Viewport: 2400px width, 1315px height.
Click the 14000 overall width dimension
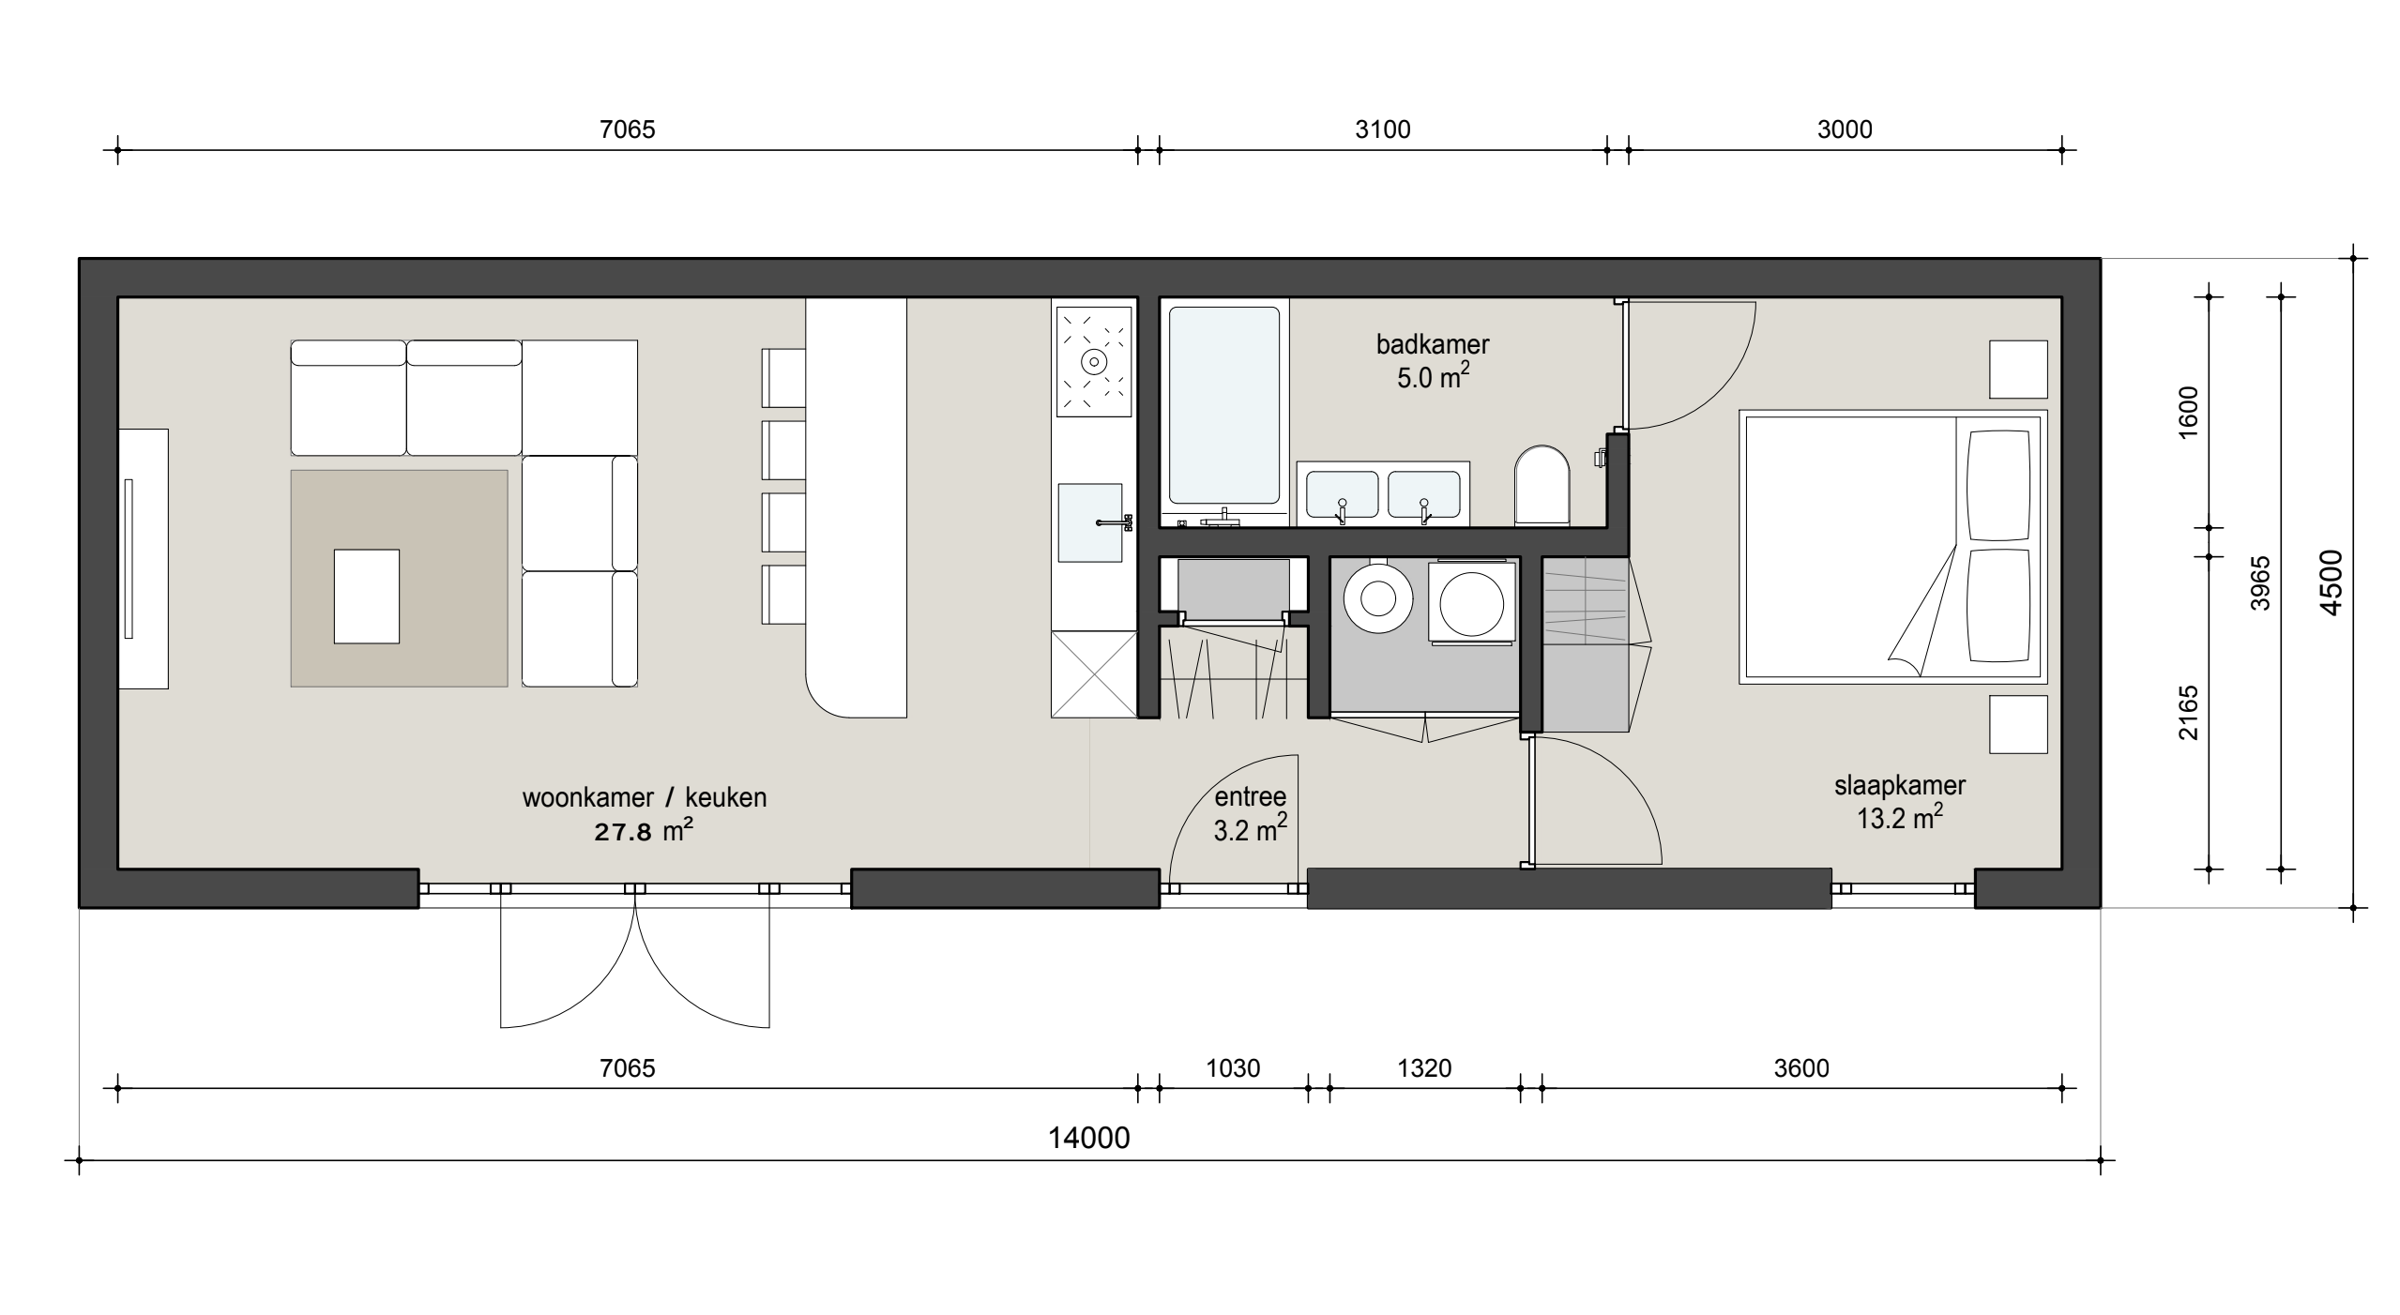(1088, 1138)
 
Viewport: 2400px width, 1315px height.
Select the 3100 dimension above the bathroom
(1383, 129)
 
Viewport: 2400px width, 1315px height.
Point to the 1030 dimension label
(1233, 1068)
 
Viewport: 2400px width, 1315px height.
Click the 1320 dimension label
(1424, 1068)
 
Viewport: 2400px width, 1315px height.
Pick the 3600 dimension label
(1801, 1068)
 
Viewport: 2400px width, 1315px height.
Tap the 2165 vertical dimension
(2187, 713)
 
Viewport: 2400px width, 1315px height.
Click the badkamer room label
(1433, 344)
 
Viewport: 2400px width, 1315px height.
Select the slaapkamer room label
(1900, 786)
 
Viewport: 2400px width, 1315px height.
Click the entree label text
(1250, 797)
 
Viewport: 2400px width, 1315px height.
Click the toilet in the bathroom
(1542, 485)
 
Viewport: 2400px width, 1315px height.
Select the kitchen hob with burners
(1094, 361)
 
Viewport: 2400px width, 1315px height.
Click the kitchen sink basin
(1090, 522)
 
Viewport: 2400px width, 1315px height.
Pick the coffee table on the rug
(367, 597)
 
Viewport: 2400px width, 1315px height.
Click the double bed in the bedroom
(1892, 547)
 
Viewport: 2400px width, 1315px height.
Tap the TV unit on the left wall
(144, 559)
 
